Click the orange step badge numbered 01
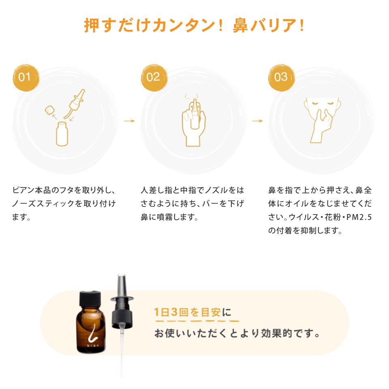pos(26,78)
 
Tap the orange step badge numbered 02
pos(154,78)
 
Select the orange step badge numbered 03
pos(282,78)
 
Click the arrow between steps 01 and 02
pos(129,121)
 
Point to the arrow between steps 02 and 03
pos(257,121)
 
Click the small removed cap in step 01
pos(50,110)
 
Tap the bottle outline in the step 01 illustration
pos(62,134)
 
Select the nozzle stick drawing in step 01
pos(75,104)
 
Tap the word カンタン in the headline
pos(184,26)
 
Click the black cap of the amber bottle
pos(90,299)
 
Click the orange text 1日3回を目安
pos(188,312)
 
